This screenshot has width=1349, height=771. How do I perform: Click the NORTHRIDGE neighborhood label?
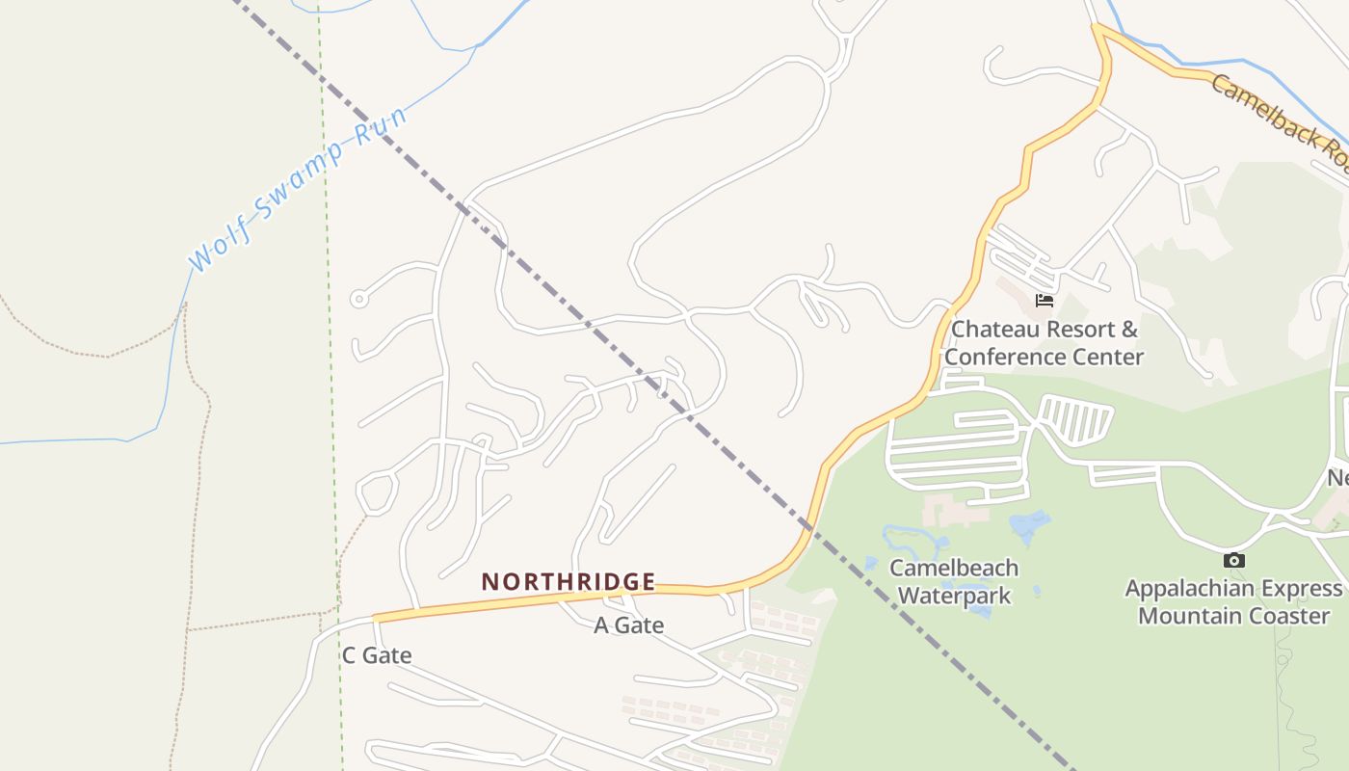(569, 582)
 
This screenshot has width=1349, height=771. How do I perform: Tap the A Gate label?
(628, 625)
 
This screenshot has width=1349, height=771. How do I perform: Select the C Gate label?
(377, 655)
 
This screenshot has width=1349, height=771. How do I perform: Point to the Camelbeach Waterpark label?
(954, 581)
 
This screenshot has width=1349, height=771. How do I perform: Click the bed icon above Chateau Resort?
(1044, 301)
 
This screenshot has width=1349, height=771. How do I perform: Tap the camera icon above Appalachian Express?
(1233, 561)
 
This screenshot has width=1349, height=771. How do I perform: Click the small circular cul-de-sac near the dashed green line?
(358, 299)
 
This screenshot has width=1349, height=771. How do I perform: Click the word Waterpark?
(954, 596)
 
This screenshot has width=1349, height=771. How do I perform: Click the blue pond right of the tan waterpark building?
(1029, 526)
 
